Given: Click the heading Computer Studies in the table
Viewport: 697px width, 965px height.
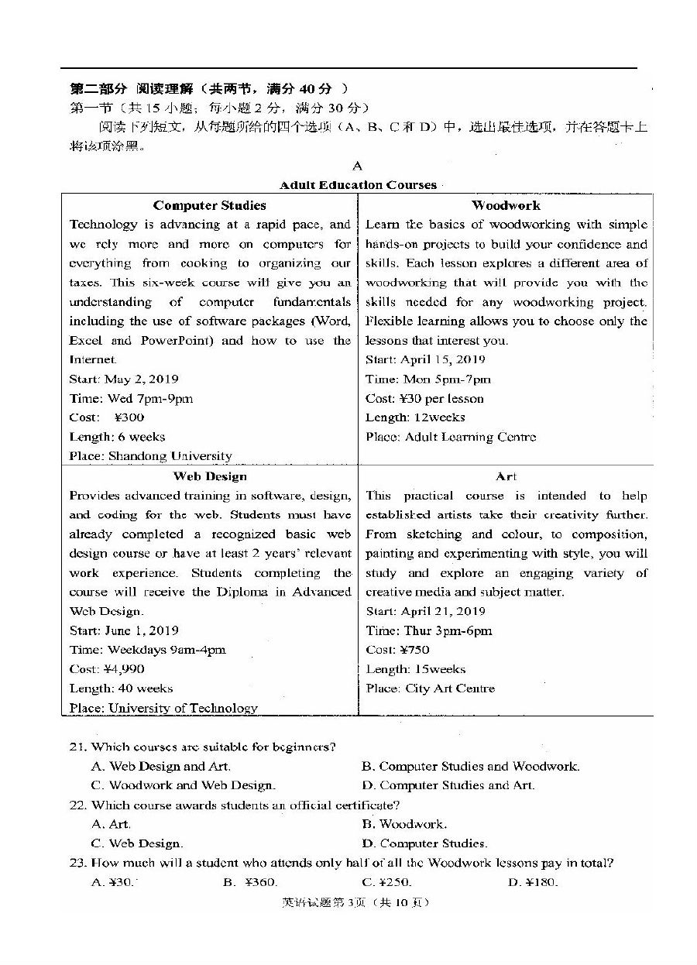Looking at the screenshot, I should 209,205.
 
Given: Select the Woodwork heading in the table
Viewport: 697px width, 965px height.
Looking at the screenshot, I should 506,205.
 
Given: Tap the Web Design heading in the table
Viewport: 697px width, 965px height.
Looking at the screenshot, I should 210,476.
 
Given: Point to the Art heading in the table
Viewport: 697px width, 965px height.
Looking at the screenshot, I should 506,476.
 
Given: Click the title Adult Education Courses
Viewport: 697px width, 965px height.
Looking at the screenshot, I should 358,185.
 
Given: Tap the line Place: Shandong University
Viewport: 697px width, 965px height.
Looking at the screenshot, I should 150,456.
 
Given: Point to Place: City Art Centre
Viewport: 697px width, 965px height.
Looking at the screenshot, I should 430,689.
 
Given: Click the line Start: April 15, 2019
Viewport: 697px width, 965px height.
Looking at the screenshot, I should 425,359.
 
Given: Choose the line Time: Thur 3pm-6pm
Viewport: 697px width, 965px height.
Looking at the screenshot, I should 428,630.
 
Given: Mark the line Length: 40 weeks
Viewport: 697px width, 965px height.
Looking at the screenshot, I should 121,689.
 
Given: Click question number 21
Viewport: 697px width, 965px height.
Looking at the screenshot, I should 77,747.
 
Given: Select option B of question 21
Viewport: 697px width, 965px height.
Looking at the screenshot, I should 470,766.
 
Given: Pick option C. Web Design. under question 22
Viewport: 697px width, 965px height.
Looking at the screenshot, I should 136,843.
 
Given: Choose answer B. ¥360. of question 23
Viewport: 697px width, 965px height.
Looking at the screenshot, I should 249,882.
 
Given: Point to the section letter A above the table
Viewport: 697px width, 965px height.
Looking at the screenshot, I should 357,166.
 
